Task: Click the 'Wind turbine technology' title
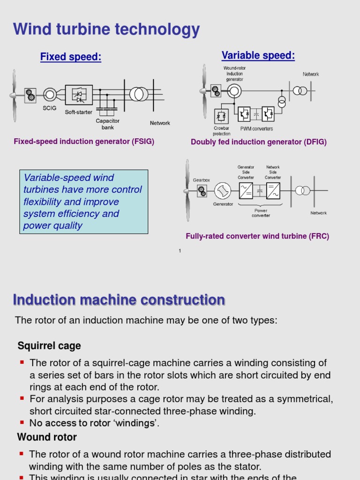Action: pos(106,30)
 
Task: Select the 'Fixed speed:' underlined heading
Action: pos(71,57)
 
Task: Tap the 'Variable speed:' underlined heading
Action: pos(258,56)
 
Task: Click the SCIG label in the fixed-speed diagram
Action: pos(49,108)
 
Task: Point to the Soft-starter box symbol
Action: pos(78,95)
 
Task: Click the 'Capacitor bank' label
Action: pos(108,124)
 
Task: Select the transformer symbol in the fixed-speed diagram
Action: pos(139,94)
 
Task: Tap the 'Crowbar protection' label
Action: pos(221,131)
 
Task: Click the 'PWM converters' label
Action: pos(256,128)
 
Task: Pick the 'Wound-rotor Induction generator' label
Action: pos(235,74)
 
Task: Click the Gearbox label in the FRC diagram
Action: pos(202,180)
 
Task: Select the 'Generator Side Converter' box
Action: pos(246,190)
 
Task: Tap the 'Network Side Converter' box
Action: pos(273,190)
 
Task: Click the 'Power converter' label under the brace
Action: pos(261,213)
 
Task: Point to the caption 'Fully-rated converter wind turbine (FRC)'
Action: pos(257,236)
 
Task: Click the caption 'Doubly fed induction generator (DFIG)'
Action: pos(259,142)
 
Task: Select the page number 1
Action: pos(180,251)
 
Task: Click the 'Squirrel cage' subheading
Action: pos(49,346)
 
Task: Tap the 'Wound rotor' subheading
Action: pos(47,437)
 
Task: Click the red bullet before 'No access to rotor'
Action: pos(22,422)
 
